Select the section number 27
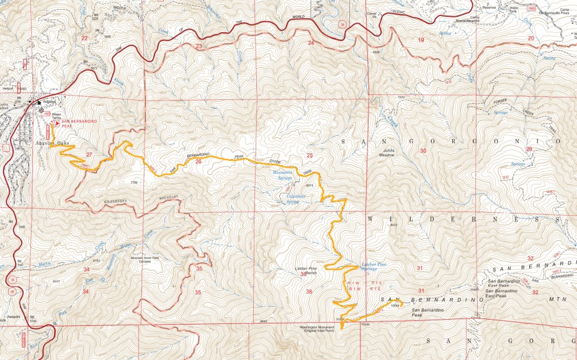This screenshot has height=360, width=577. [x=89, y=155]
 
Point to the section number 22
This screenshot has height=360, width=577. [x=84, y=38]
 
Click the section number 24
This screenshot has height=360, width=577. [x=311, y=43]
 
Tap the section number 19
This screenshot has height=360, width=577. [x=421, y=40]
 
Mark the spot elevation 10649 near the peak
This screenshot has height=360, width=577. [x=395, y=305]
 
